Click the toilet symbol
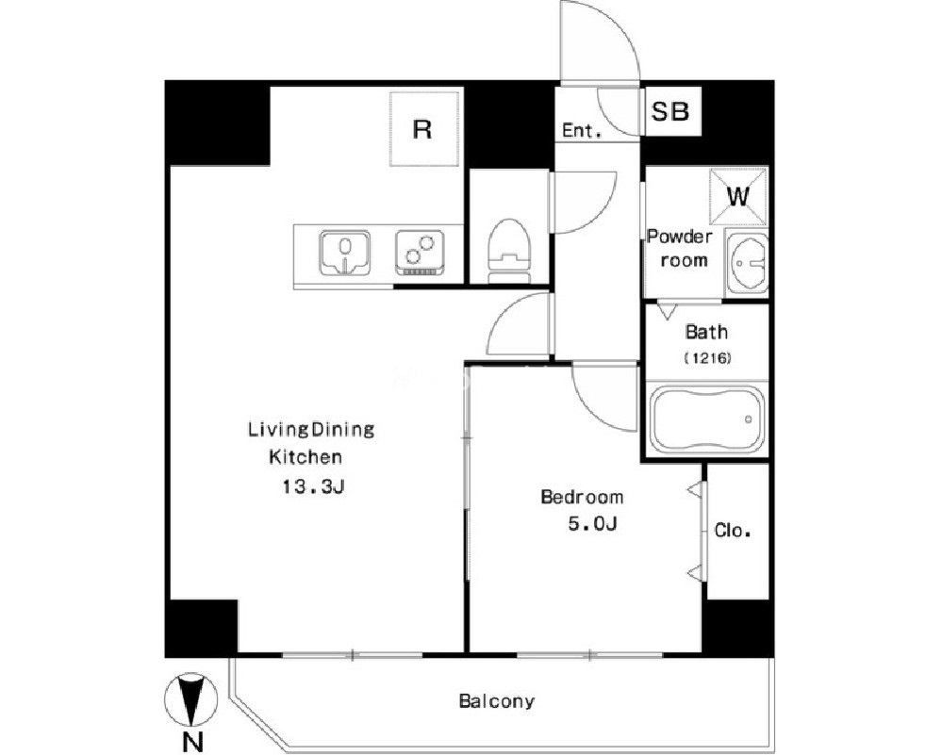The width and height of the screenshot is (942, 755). (x=509, y=250)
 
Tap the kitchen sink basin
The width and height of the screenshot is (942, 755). (x=344, y=253)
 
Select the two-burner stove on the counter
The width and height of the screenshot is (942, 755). (x=421, y=253)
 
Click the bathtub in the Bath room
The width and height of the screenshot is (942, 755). (x=707, y=419)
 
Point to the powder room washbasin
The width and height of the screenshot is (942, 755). (x=747, y=262)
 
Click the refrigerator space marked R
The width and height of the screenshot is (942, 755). (x=424, y=128)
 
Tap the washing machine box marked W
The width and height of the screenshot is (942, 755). (x=738, y=196)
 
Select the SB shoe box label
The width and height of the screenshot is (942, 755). (x=670, y=111)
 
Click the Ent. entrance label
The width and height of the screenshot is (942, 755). (x=581, y=130)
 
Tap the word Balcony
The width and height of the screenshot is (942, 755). (x=496, y=701)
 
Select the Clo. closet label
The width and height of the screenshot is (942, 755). (x=733, y=531)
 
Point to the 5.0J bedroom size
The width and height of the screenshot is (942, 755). (x=592, y=524)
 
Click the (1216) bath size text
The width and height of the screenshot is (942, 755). (x=707, y=358)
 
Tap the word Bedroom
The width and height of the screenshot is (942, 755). (x=582, y=497)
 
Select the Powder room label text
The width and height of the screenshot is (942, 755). (x=680, y=248)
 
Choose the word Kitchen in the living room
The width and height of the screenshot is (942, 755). (x=306, y=457)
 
